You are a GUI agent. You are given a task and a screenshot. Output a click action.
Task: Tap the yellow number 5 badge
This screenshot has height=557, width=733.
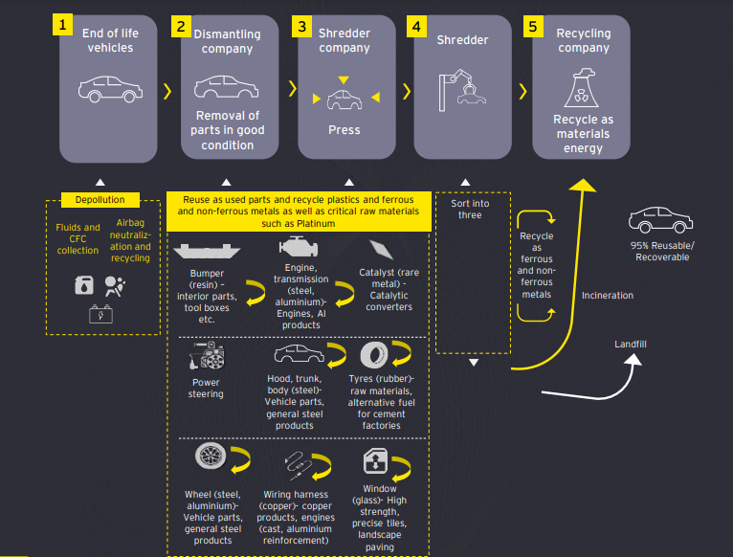click(x=532, y=26)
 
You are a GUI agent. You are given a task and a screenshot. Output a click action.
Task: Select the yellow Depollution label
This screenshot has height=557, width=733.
click(x=100, y=200)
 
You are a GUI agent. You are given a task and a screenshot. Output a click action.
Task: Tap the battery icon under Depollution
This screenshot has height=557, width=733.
click(x=99, y=312)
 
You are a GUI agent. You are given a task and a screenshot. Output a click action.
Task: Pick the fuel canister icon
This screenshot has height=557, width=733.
click(x=83, y=284)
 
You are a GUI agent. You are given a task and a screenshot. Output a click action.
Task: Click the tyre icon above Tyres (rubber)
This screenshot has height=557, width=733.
click(x=374, y=356)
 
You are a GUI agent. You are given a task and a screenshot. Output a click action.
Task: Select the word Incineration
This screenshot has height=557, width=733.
click(x=608, y=296)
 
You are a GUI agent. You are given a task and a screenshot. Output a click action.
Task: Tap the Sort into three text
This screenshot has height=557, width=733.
click(x=470, y=209)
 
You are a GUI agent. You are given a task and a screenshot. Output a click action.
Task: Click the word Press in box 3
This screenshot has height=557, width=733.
click(x=344, y=130)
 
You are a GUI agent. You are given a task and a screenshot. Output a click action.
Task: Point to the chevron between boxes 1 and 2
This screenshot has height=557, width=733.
click(x=168, y=91)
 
